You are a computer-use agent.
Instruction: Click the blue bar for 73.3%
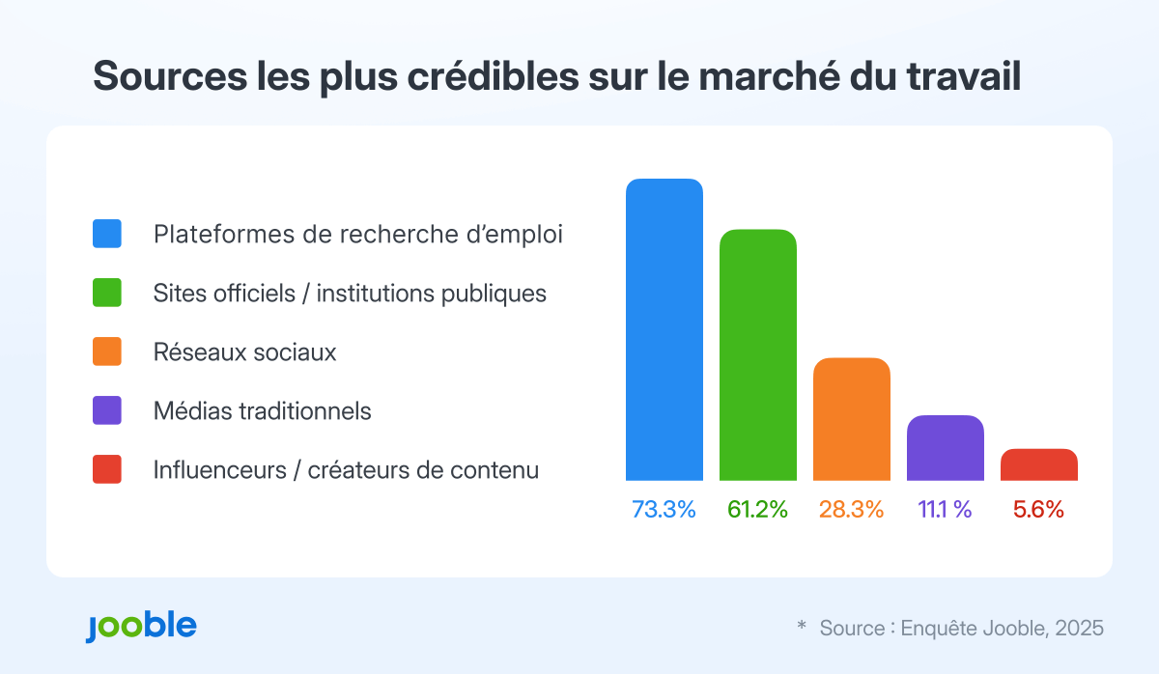click(x=664, y=329)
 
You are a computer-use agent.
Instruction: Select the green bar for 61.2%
click(x=757, y=354)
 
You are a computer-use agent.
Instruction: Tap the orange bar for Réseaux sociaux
click(x=851, y=419)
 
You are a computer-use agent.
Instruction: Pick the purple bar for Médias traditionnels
click(x=945, y=448)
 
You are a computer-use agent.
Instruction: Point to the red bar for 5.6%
click(x=1038, y=464)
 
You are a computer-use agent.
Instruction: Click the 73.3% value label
click(x=664, y=510)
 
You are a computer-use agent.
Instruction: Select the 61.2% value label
click(x=757, y=510)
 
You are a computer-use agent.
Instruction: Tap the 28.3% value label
click(x=851, y=510)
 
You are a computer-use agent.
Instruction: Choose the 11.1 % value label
click(x=945, y=510)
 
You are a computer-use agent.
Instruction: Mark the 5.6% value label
click(x=1038, y=510)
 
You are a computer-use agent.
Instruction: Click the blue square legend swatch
click(x=107, y=234)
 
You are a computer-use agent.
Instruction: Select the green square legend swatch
click(x=107, y=293)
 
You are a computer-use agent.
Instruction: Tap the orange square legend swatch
click(x=107, y=351)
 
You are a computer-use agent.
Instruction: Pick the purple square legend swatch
click(x=107, y=410)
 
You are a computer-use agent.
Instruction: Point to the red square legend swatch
click(x=107, y=469)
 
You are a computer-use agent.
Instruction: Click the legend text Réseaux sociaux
click(x=244, y=352)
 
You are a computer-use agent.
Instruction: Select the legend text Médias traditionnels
click(x=262, y=411)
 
